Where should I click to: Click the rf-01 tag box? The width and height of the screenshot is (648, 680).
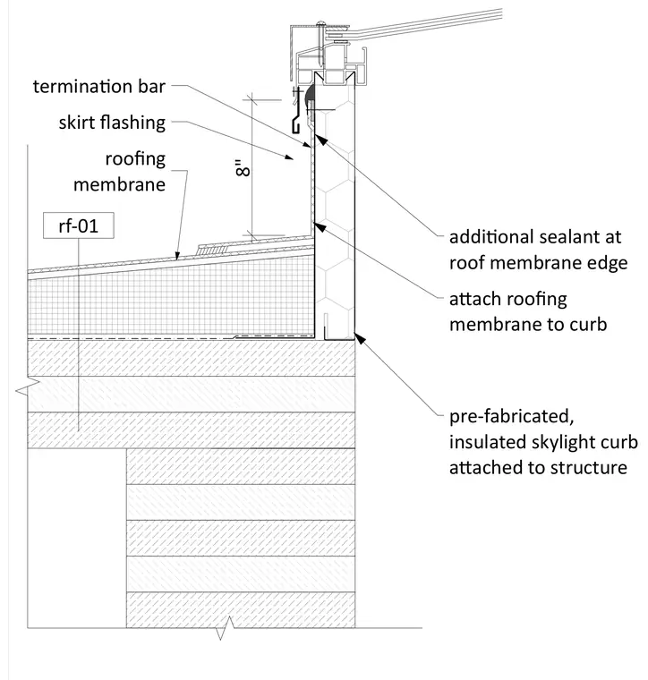[79, 225]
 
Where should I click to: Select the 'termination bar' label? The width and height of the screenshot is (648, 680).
[98, 86]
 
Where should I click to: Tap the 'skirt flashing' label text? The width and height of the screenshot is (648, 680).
[112, 123]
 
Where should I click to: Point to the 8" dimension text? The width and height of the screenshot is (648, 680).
[243, 168]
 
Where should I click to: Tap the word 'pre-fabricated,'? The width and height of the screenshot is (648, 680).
[512, 417]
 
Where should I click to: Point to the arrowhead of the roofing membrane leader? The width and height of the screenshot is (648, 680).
[177, 256]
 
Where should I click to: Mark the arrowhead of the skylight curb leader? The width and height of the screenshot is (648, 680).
[360, 338]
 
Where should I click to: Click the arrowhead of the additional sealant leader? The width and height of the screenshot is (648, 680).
[320, 140]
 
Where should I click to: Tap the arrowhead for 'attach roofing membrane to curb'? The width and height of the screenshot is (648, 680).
[320, 226]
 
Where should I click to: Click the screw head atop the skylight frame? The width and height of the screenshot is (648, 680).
[321, 22]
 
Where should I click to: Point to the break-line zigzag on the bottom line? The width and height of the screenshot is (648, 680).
[225, 628]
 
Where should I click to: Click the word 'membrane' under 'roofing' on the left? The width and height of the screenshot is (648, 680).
[119, 184]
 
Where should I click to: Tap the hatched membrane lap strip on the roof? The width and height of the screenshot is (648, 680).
[212, 249]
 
